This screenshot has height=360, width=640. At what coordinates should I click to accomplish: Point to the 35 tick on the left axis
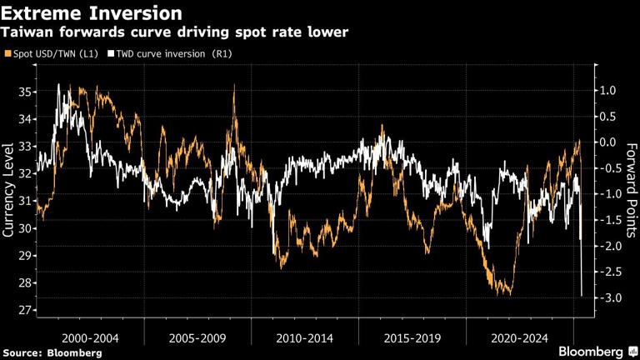click(25, 91)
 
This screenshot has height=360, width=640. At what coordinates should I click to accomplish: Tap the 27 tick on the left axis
click(25, 310)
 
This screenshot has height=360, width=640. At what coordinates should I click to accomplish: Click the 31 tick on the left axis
click(25, 201)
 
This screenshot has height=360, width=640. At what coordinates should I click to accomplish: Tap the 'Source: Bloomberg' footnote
click(52, 352)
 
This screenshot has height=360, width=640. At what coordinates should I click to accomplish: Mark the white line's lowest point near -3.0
click(582, 295)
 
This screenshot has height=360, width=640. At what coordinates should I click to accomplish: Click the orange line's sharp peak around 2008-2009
click(234, 86)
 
